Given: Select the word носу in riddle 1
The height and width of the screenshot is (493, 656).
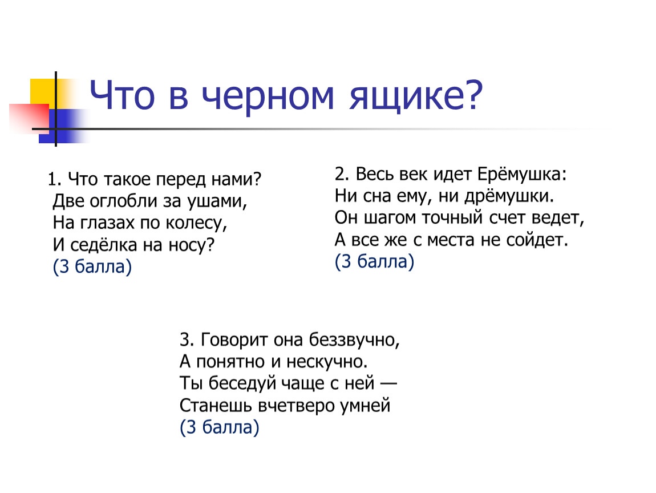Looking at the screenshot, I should tap(192, 245).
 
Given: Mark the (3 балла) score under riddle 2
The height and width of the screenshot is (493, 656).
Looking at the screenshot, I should tap(374, 261).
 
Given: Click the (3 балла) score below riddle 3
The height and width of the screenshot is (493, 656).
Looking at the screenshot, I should tap(220, 427).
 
